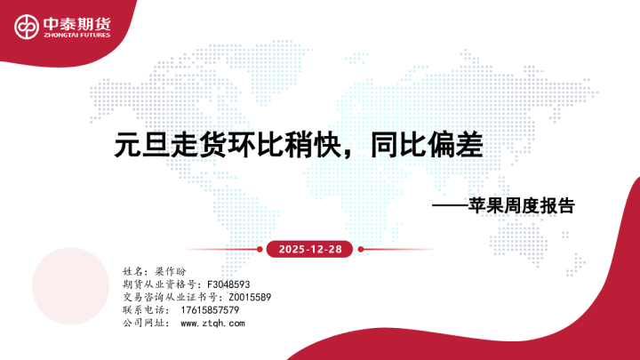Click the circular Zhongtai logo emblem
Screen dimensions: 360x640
26,26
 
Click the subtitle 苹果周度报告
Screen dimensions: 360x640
522,205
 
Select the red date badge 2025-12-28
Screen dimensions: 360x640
304,249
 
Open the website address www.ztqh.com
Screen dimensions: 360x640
212,324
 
